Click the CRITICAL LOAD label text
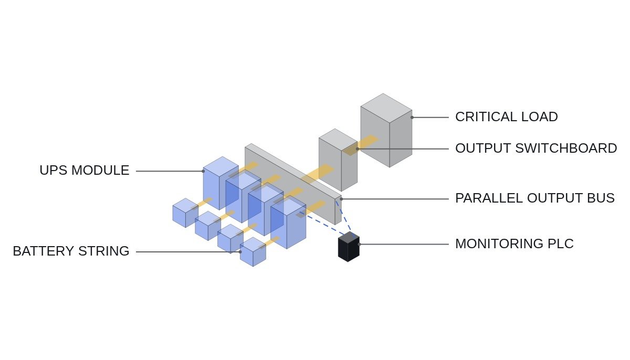(506, 117)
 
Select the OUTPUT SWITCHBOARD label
(536, 149)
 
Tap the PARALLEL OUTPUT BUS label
(535, 198)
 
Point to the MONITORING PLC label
(514, 243)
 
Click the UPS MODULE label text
(85, 171)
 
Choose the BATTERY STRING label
(71, 251)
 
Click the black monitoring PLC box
(349, 247)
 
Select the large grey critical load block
(386, 130)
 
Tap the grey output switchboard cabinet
(338, 160)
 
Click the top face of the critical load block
(386, 108)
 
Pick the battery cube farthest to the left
(185, 213)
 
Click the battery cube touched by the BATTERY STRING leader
(253, 252)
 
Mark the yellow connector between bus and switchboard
(318, 173)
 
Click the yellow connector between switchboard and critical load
(361, 145)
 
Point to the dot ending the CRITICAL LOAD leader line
(412, 118)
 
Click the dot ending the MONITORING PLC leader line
(359, 245)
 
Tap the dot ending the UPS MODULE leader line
(203, 171)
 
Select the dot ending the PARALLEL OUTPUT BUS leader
(341, 199)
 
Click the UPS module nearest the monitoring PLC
(288, 223)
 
